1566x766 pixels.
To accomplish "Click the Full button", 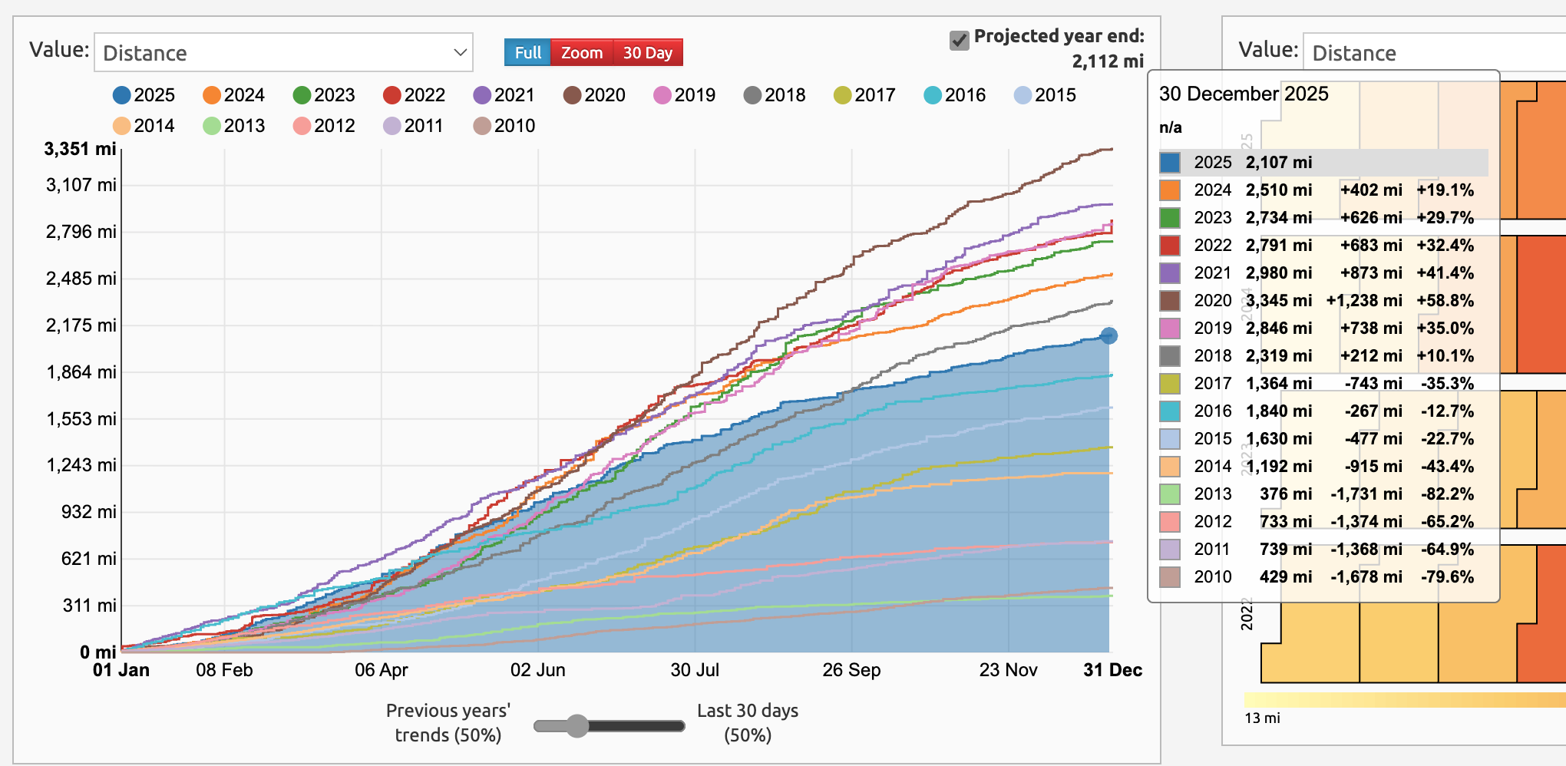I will [527, 53].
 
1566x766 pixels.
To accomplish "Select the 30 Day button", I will [647, 53].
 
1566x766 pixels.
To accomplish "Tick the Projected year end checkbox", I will [959, 40].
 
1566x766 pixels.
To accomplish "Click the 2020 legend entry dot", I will [572, 95].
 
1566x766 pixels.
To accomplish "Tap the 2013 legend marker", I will [212, 126].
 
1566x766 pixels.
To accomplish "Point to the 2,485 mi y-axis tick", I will [81, 279].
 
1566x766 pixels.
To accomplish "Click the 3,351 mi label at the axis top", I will [80, 149].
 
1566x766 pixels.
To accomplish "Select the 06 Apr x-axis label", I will [381, 670].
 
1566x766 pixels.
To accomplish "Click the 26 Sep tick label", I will [851, 670].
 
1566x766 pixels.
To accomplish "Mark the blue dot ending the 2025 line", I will [1108, 335].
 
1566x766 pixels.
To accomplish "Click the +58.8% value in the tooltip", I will [1445, 300].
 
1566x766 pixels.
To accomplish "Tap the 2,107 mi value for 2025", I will [1279, 162].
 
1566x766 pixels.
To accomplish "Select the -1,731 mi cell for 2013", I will [1366, 494].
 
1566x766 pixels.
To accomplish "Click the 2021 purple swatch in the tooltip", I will [1169, 272].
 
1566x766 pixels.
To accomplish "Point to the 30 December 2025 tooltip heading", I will [1244, 94].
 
